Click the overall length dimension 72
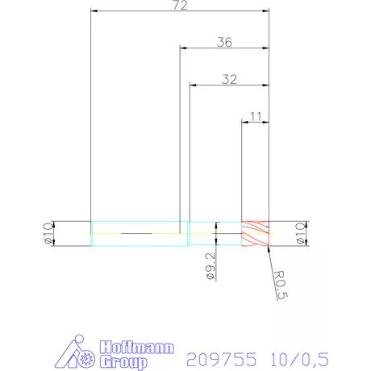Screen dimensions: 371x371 pos(180,6)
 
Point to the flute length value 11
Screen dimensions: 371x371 pos(256,116)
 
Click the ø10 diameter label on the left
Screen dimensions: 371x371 pos(47,234)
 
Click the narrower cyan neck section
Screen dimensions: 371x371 pos(215,234)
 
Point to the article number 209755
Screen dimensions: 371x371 pos(222,357)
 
